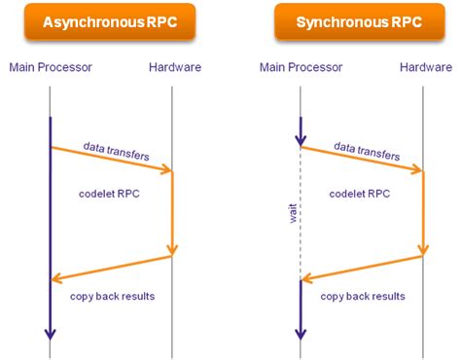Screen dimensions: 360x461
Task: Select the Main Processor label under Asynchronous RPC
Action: (51, 67)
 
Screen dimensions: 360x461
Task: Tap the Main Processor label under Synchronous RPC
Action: (301, 67)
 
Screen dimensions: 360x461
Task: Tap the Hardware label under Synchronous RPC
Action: (425, 67)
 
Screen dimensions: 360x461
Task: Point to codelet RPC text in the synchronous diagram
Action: (359, 194)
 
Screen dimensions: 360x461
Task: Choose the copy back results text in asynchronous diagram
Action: (109, 295)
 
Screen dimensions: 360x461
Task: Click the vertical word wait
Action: (292, 214)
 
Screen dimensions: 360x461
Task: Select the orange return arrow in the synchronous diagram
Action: (363, 268)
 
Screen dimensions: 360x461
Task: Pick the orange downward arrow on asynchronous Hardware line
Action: (172, 214)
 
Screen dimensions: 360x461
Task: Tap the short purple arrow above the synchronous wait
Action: (301, 131)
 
